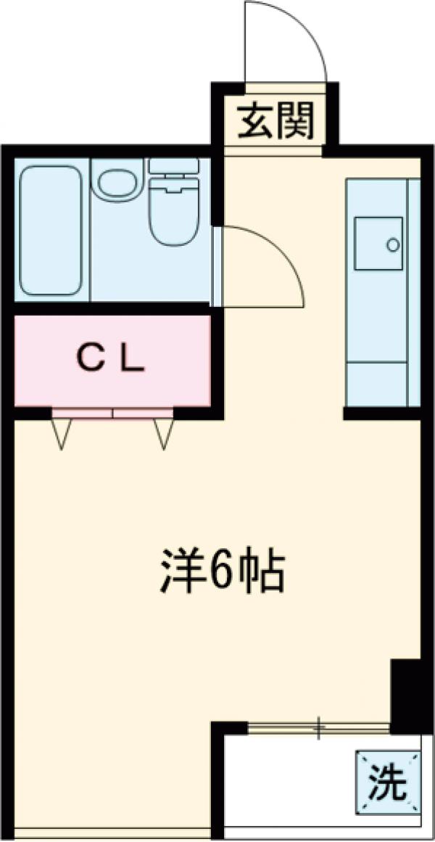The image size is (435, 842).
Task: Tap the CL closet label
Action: tap(111, 357)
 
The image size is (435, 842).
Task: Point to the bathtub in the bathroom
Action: tap(50, 230)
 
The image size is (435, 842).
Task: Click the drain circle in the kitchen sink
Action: tap(393, 245)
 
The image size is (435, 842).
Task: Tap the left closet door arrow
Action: tap(62, 434)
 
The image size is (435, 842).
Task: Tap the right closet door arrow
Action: tap(163, 434)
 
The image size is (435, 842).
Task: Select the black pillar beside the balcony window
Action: tap(405, 693)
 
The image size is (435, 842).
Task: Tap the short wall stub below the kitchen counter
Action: tap(381, 414)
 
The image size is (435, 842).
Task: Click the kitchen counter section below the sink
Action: tap(377, 348)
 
